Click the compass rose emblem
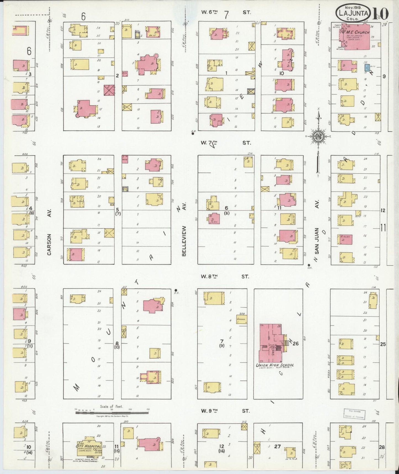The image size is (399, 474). [318, 136]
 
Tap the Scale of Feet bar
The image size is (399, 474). [112, 413]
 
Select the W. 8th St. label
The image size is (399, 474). [225, 276]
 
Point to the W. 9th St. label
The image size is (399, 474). [225, 411]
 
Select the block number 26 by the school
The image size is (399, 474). [296, 343]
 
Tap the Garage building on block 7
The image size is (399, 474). [241, 319]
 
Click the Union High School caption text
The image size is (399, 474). [275, 365]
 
